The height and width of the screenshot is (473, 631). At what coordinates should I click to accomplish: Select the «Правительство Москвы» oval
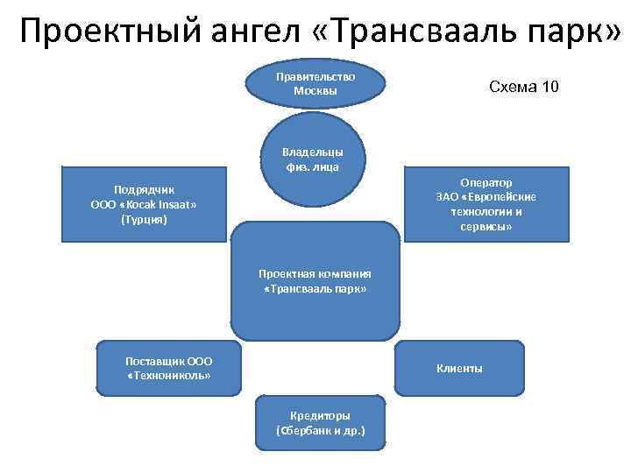(x=315, y=83)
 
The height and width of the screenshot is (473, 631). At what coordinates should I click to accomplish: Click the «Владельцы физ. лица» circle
(x=313, y=159)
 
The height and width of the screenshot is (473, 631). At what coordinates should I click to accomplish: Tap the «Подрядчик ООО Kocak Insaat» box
(x=145, y=204)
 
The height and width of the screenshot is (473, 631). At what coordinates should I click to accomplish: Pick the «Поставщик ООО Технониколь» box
(x=169, y=368)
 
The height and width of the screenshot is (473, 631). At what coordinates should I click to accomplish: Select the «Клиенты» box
(x=459, y=369)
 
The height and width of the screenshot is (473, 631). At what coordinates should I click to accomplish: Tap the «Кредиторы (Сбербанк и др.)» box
(x=320, y=423)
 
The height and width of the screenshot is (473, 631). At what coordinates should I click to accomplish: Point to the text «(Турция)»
(x=145, y=220)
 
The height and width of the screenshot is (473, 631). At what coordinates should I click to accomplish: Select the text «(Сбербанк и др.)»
(x=320, y=431)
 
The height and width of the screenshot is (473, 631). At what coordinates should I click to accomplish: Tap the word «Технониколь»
(x=169, y=376)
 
